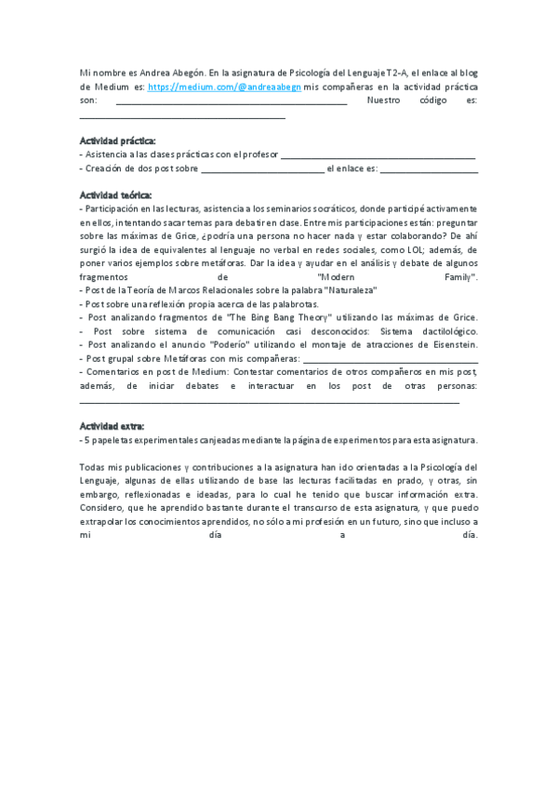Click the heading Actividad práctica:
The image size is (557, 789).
[x=118, y=140]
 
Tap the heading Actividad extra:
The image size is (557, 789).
[x=112, y=424]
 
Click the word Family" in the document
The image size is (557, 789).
[x=459, y=277]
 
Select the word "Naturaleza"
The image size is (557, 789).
[x=347, y=290]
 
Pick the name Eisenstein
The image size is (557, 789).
[x=455, y=344]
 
